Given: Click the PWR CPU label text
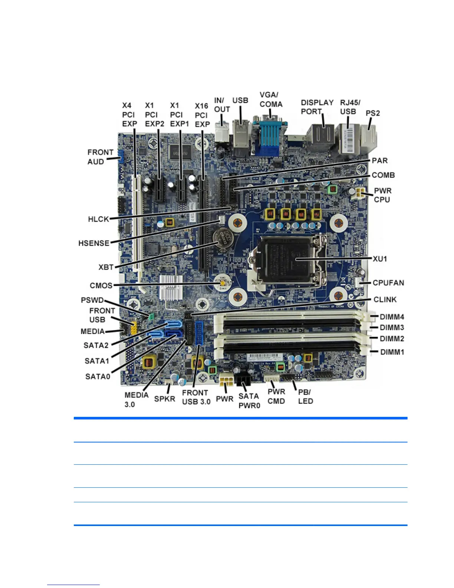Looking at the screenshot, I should (382, 195).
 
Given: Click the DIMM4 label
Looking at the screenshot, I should (392, 317).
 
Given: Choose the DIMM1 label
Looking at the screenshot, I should (392, 352).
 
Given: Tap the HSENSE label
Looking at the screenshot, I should (94, 244).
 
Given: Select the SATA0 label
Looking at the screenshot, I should (98, 377).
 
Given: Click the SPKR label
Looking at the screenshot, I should (164, 399).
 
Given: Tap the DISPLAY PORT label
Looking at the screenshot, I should (317, 107).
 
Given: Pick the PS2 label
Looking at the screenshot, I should (373, 113).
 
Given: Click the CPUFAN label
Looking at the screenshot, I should (388, 283).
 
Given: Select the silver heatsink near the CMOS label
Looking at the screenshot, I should (172, 288).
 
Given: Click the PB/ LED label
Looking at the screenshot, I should (305, 396).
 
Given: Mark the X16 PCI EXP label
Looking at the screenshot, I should (202, 115).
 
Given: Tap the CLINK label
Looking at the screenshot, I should (385, 300).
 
